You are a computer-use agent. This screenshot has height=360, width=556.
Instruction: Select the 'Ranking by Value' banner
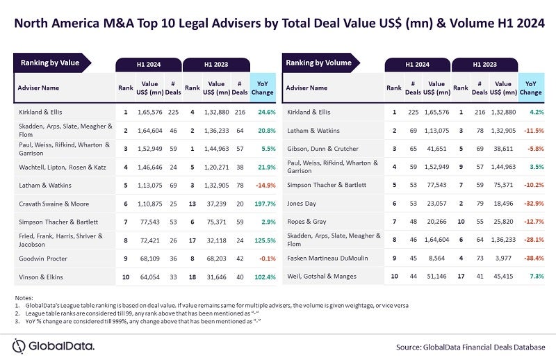click(50, 63)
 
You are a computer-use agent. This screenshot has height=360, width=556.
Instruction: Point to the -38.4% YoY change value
click(530, 256)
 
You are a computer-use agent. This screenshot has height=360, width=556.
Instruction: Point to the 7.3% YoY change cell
click(533, 277)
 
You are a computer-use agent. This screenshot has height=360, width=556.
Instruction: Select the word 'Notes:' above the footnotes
click(24, 297)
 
